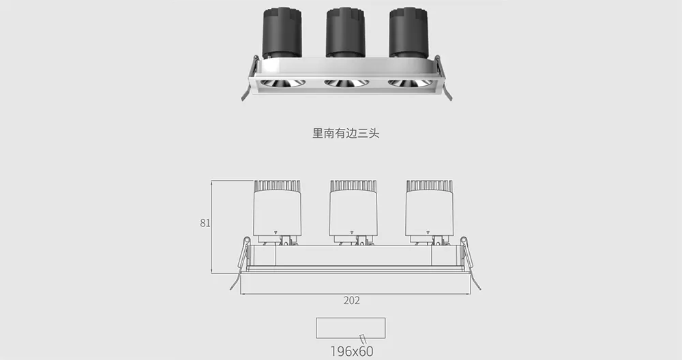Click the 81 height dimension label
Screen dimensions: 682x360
click(x=205, y=223)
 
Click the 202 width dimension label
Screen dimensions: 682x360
click(x=351, y=301)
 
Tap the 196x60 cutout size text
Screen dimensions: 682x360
click(x=351, y=351)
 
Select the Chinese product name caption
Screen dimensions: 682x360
click(x=346, y=133)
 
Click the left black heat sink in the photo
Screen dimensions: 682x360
click(x=282, y=33)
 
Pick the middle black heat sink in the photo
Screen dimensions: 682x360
click(x=345, y=33)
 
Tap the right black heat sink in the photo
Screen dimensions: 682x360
click(x=409, y=33)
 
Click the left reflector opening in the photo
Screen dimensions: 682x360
click(x=283, y=83)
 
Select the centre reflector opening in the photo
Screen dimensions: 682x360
click(x=346, y=82)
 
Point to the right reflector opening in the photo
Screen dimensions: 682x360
click(x=410, y=82)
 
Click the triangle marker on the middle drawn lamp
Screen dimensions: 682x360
click(x=351, y=232)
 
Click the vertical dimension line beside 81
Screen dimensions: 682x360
click(x=211, y=227)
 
